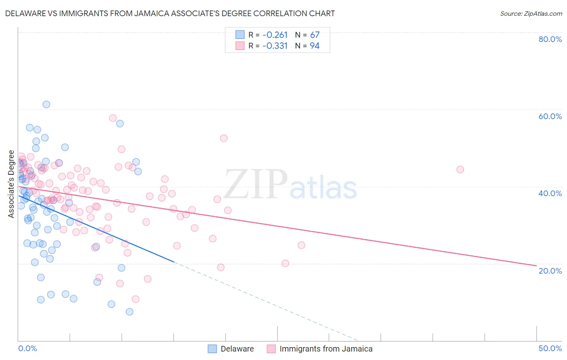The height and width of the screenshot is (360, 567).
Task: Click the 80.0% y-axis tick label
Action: click(550, 39)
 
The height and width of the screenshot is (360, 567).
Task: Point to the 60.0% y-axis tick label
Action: click(550, 116)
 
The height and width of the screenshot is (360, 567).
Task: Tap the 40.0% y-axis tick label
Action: click(550, 193)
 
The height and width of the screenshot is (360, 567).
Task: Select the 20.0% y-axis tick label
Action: click(550, 271)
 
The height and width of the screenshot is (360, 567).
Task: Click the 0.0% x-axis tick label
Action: click(27, 348)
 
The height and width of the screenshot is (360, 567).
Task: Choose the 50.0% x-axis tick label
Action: click(550, 348)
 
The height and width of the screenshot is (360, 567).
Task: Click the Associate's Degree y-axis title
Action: click(11, 184)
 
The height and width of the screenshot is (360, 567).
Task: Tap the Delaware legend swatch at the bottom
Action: click(213, 349)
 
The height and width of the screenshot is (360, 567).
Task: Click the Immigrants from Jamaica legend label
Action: click(326, 349)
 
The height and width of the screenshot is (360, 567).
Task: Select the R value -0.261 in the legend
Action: click(275, 35)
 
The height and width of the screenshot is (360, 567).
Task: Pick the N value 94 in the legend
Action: click(315, 46)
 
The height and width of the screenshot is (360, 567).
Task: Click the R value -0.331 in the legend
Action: click(275, 46)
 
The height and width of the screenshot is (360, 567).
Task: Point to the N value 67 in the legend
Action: click(315, 35)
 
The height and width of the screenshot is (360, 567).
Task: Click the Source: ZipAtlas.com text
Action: click(531, 14)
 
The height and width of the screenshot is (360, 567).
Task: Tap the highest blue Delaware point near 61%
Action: click(46, 105)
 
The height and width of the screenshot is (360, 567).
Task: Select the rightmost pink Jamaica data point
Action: click(460, 170)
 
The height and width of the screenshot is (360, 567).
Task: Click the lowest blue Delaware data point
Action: click(129, 312)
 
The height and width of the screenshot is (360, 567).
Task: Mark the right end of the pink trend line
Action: click(536, 266)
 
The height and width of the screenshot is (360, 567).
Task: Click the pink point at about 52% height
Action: click(224, 138)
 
